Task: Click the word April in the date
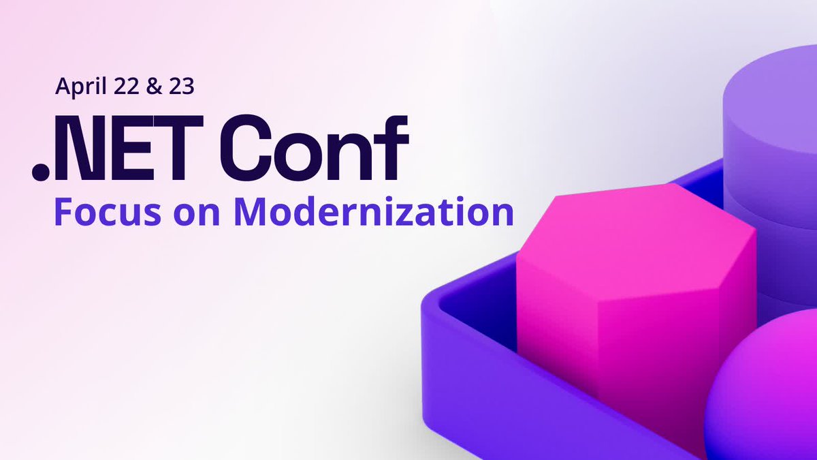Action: (x=78, y=87)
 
